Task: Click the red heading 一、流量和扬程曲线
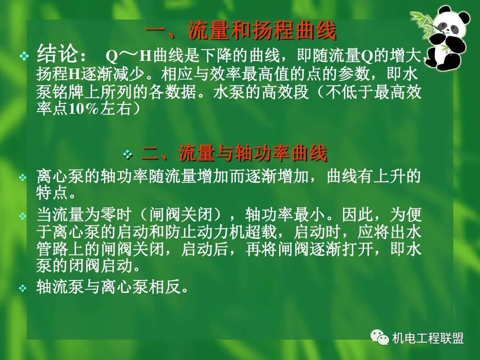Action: (x=240, y=31)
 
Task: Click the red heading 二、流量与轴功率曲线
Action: (x=234, y=153)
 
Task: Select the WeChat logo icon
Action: (x=380, y=338)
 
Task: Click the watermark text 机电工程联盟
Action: (x=428, y=339)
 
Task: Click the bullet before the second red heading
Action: (x=128, y=154)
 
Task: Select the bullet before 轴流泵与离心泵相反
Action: (x=23, y=288)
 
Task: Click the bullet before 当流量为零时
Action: (x=23, y=216)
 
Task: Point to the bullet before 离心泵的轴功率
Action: (x=23, y=178)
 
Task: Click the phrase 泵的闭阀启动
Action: (x=84, y=266)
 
